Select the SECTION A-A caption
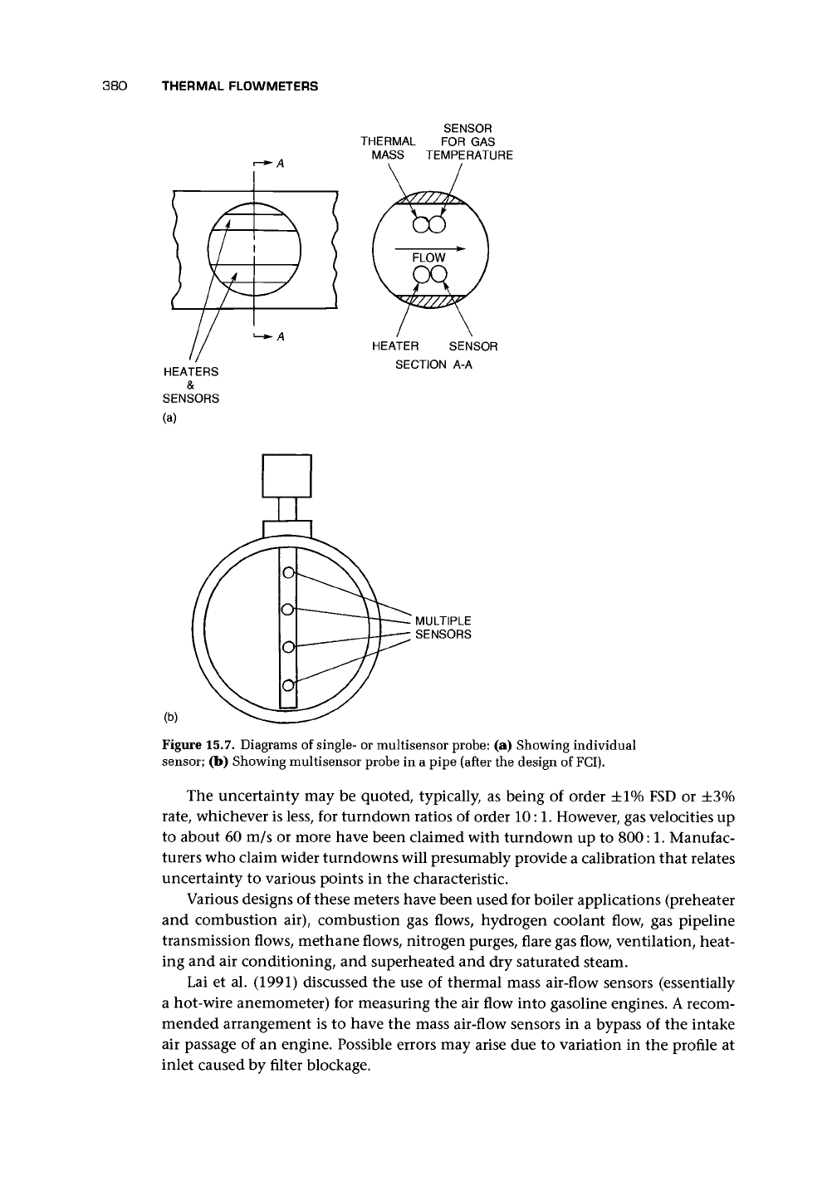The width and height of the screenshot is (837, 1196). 434,365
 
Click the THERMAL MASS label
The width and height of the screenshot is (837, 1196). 388,148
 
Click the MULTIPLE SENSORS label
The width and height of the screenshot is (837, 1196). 443,628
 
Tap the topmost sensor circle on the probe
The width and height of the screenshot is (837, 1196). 287,572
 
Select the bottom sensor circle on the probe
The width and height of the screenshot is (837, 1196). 287,685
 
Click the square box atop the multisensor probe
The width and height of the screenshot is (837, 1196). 286,476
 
